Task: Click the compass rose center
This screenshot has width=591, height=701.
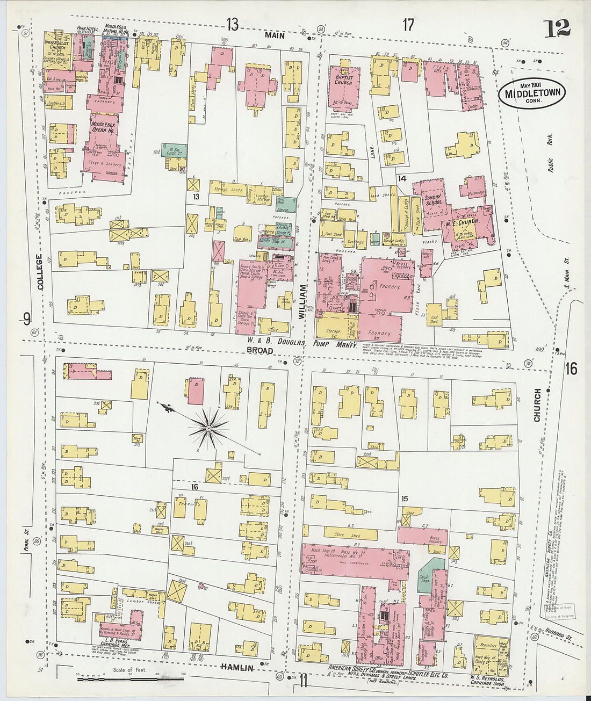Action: coord(208,428)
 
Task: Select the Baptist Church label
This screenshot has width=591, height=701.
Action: coord(343,80)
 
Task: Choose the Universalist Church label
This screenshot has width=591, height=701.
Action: coord(57,44)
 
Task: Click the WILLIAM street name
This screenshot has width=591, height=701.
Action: coord(302,302)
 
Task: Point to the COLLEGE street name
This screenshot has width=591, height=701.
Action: coord(40,272)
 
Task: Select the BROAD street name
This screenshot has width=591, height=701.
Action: coord(260,350)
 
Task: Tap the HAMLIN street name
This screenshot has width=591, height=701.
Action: coord(236,667)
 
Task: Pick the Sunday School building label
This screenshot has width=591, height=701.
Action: coord(434,200)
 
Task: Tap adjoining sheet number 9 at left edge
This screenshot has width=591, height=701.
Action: coord(26,319)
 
